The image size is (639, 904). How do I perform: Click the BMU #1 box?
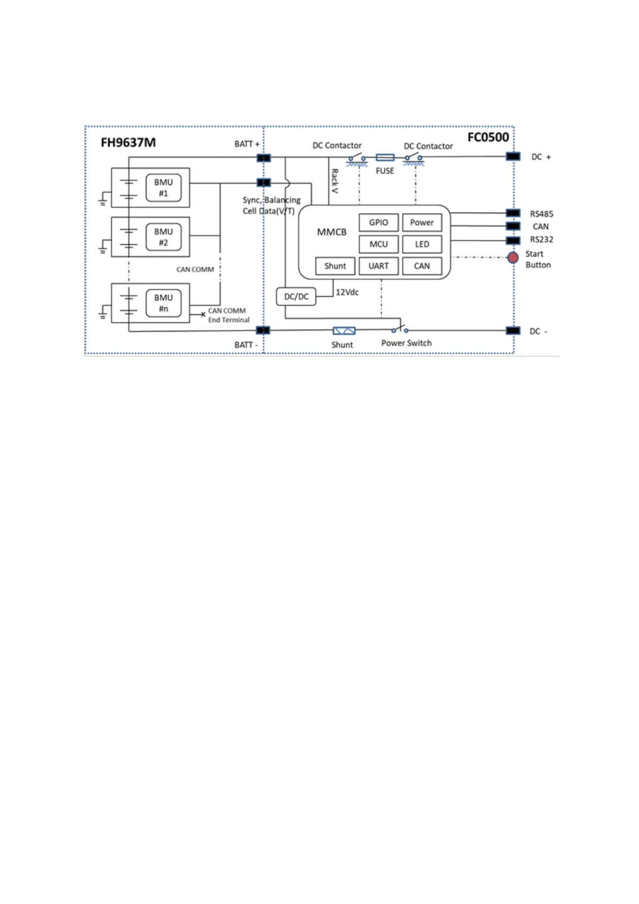point(163,188)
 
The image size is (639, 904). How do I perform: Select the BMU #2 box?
point(163,237)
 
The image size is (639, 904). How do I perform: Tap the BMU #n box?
point(163,303)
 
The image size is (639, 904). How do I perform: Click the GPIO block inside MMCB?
point(379,223)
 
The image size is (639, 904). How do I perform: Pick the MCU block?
point(379,244)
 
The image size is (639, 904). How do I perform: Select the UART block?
point(379,266)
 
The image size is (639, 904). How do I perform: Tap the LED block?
point(422,244)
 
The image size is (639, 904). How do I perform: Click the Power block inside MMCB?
point(422,223)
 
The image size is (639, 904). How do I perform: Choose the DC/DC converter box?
point(296,297)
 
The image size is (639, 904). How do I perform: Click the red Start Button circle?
point(513,258)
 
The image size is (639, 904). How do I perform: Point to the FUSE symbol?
point(385,157)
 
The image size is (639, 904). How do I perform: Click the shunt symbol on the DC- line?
point(344,331)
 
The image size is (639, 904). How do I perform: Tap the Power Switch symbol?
point(400,329)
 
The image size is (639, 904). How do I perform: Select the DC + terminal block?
point(513,157)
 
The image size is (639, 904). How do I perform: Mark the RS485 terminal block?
point(513,213)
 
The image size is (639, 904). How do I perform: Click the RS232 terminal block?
point(513,240)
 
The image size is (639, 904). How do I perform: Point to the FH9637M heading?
point(128,143)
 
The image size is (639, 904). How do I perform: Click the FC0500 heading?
point(488,137)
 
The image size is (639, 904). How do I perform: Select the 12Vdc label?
point(347,293)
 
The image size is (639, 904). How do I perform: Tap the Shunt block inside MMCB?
point(335,266)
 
